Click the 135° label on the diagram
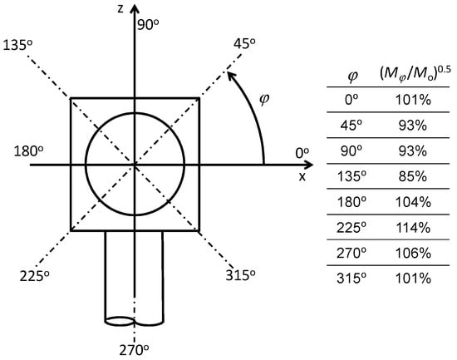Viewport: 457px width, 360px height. pyautogui.click(x=17, y=46)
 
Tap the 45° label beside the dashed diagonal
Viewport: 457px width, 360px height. pyautogui.click(x=244, y=43)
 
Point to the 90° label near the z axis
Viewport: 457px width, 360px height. pyautogui.click(x=148, y=25)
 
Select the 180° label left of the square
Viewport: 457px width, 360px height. pyautogui.click(x=28, y=151)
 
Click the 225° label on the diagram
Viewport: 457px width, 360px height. pyautogui.click(x=34, y=276)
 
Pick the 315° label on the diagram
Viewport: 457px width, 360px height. pyautogui.click(x=240, y=275)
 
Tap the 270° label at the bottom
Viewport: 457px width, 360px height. pyautogui.click(x=134, y=350)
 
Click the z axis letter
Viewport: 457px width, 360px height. pyautogui.click(x=120, y=9)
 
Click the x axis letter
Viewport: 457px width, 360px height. pyautogui.click(x=302, y=176)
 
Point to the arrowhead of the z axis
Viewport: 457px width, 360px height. pyautogui.click(x=135, y=9)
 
